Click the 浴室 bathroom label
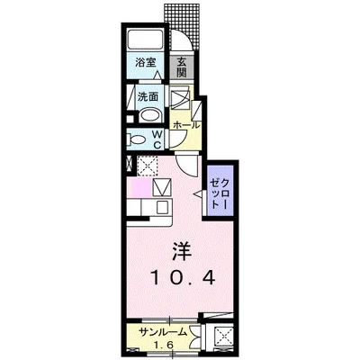coord(144,63)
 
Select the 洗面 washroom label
coord(148,96)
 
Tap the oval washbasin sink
coord(149,114)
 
